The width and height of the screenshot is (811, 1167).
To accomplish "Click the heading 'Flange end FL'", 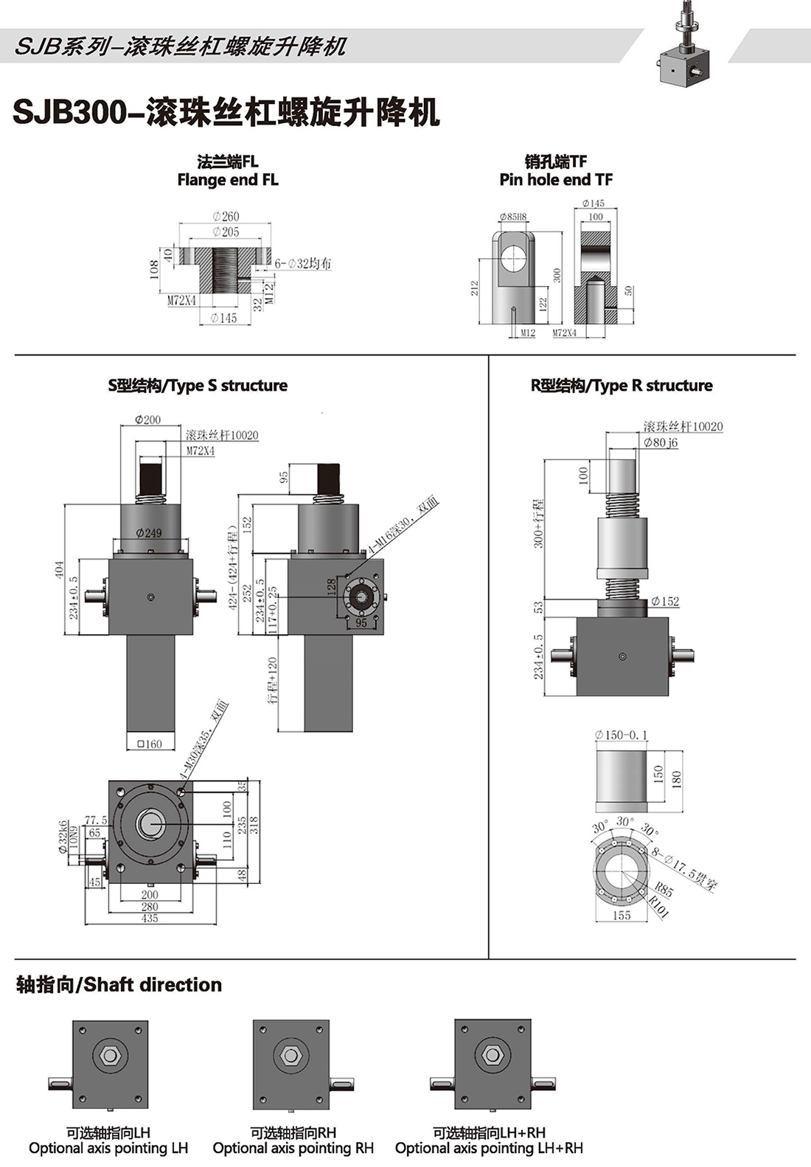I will tap(228, 180).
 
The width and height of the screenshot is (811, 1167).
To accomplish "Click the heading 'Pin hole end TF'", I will tap(556, 180).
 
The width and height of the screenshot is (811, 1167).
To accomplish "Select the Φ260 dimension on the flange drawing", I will tap(226, 217).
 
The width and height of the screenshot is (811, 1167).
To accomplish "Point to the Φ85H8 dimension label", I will tap(512, 217).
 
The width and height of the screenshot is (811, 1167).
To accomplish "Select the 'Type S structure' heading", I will tap(198, 386).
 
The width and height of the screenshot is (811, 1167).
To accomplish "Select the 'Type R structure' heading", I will tap(622, 386).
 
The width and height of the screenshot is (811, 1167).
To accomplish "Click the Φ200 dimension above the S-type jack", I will tap(147, 420).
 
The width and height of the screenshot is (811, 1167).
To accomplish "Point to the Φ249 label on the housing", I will tap(148, 533).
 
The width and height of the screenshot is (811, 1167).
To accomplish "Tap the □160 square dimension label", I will tap(150, 744).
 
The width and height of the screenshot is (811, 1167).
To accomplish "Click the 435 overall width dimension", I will tap(150, 919).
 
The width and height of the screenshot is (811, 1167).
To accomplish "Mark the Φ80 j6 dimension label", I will tap(661, 442).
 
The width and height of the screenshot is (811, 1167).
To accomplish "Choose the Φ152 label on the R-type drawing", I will tap(665, 602).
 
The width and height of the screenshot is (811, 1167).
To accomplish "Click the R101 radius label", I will tap(659, 908).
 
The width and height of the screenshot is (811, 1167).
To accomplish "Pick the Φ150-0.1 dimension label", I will tap(621, 735).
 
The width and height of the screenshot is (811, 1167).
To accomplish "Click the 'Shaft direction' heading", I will tap(119, 985).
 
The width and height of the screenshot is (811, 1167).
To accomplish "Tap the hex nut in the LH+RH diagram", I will tap(492, 1056).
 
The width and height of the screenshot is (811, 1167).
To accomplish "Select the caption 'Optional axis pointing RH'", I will tap(293, 1148).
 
